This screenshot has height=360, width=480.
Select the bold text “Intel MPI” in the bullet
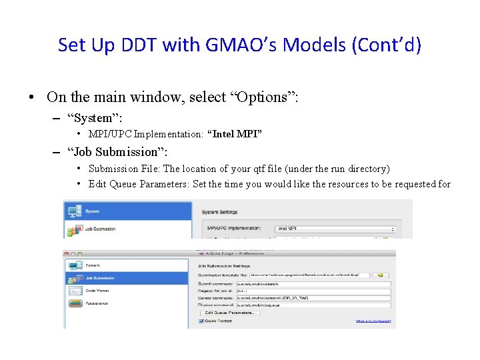coord(235,133)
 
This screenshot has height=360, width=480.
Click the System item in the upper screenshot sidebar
coord(92,211)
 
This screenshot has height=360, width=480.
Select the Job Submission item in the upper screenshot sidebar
coord(99,229)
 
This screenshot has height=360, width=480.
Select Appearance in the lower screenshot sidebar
coord(97,303)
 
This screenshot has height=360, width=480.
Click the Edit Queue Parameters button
coord(229,312)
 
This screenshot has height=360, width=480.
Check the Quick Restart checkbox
coord(201,321)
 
